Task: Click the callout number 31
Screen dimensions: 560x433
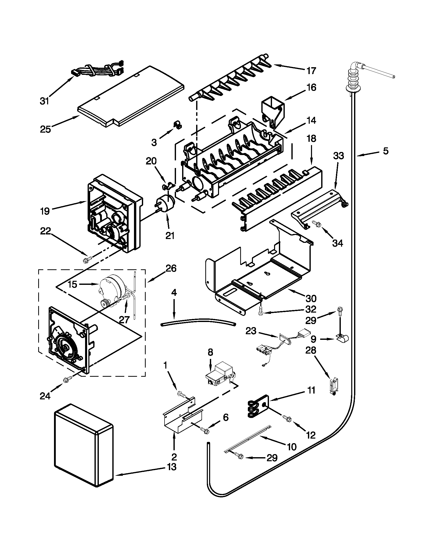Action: [44, 101]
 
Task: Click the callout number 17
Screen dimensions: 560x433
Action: [311, 70]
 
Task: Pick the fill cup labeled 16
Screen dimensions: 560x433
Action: [273, 111]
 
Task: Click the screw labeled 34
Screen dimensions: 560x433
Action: [316, 224]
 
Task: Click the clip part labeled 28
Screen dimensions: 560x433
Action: [333, 387]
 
